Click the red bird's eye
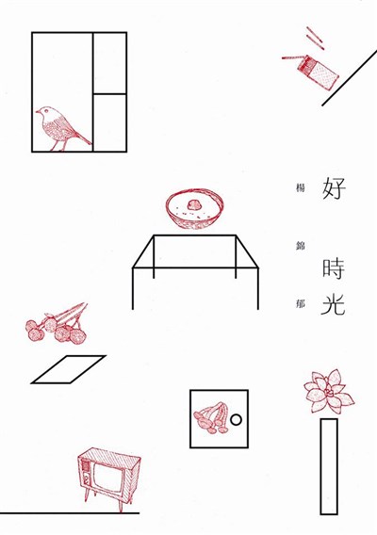45,111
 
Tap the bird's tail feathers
83,138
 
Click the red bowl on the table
195,207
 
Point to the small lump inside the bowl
193,205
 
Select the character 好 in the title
334,187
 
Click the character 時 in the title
334,269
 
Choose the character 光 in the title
333,303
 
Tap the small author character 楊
300,188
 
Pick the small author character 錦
300,246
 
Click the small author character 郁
300,303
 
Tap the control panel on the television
86,473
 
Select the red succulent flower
329,392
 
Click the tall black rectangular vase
329,466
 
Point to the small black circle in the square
236,420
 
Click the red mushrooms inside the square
212,417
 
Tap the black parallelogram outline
68,369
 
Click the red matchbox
318,73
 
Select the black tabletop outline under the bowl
195,251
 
